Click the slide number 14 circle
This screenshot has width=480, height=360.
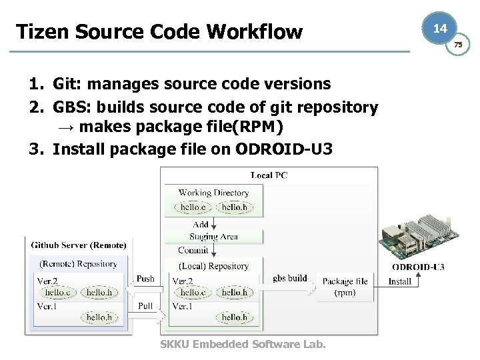click(439, 29)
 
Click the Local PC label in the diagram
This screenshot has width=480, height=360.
click(269, 175)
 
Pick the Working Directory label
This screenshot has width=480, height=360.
click(213, 193)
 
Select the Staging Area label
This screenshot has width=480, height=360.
click(213, 237)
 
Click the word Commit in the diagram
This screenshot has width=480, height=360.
click(193, 251)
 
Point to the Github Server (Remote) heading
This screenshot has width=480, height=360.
click(79, 245)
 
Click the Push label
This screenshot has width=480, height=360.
click(145, 279)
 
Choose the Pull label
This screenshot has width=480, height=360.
click(145, 305)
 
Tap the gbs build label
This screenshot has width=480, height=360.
click(290, 278)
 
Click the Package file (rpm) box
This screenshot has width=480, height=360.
click(345, 286)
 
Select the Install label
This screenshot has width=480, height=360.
click(400, 281)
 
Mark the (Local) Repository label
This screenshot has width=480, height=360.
click(213, 266)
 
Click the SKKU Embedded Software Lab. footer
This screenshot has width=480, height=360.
click(243, 344)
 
